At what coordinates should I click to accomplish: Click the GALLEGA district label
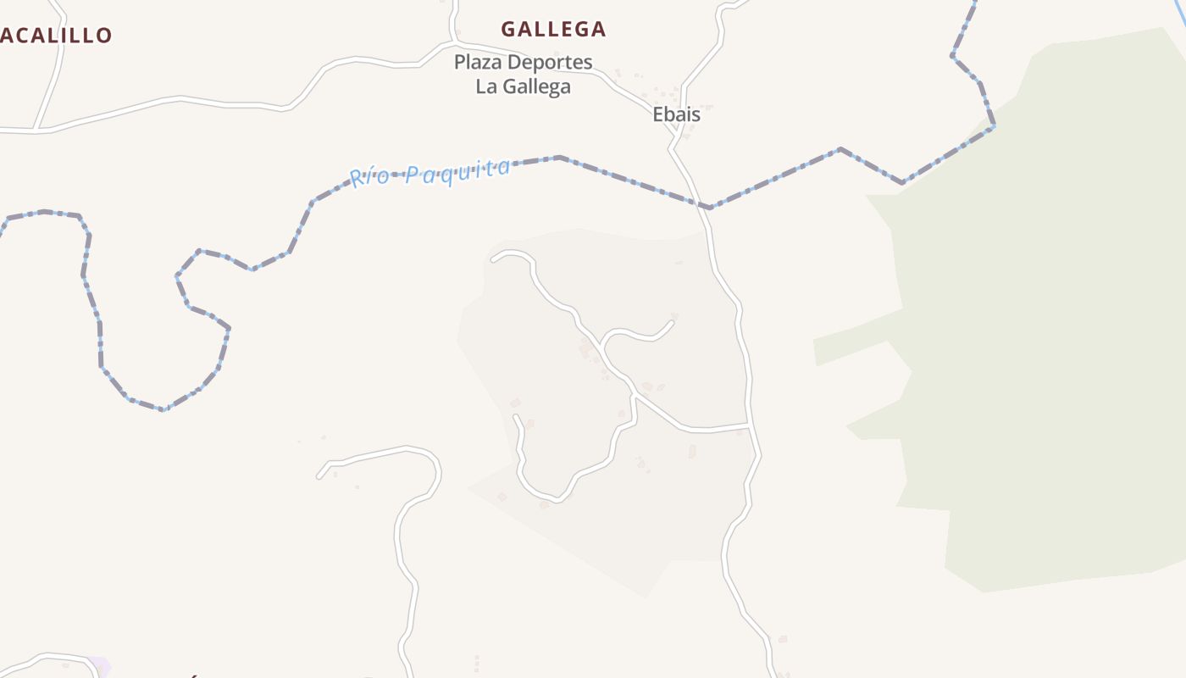click(553, 30)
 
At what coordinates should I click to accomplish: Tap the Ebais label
click(676, 114)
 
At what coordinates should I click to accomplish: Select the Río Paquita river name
click(430, 172)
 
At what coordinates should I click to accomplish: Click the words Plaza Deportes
click(523, 62)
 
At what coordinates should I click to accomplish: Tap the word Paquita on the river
click(457, 169)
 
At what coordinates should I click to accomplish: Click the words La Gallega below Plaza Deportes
click(523, 86)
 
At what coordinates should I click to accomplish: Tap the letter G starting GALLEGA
click(509, 30)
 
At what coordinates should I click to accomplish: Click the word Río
click(371, 177)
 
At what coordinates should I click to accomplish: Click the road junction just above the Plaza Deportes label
click(456, 42)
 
